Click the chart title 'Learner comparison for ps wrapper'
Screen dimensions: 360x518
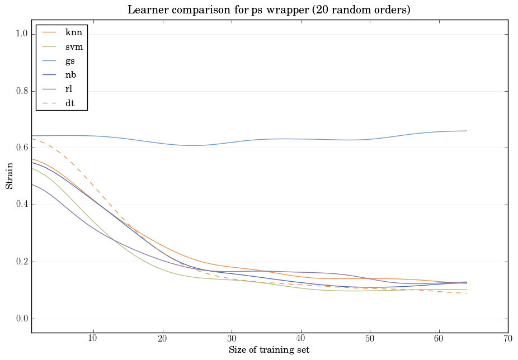(x=269, y=10)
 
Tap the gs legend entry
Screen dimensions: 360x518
(x=70, y=61)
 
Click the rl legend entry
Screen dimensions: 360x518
(x=69, y=89)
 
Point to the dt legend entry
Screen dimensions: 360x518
(x=70, y=103)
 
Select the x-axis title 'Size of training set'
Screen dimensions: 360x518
(x=269, y=350)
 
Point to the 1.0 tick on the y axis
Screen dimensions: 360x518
(x=21, y=34)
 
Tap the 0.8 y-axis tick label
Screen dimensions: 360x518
(x=21, y=91)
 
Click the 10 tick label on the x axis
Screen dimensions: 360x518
(x=93, y=338)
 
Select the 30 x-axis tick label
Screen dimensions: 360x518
(x=232, y=338)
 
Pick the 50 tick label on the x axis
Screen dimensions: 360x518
(x=370, y=338)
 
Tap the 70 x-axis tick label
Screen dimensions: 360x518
(x=508, y=338)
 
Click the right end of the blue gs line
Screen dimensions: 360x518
(x=467, y=131)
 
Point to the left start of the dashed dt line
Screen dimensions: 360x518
(x=31, y=139)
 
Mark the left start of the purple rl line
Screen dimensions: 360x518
(x=31, y=184)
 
